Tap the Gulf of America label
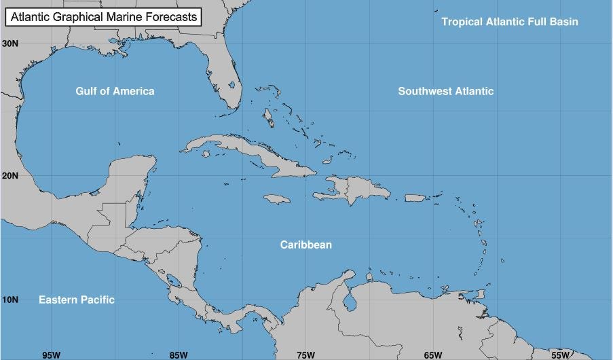coord(115,91)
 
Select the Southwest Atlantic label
coord(445,91)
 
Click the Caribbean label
coord(306,245)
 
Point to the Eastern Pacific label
coord(76,300)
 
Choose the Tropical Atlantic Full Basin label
coord(510,22)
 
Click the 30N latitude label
coord(10,43)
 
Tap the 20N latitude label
coord(10,175)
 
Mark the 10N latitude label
coord(10,300)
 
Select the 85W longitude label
coord(179,355)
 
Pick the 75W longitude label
coord(305,355)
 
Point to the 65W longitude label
coord(433,355)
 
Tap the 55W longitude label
coord(560,355)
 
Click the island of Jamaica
coord(276,199)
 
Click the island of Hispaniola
coord(356,190)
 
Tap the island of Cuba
coord(258,158)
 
